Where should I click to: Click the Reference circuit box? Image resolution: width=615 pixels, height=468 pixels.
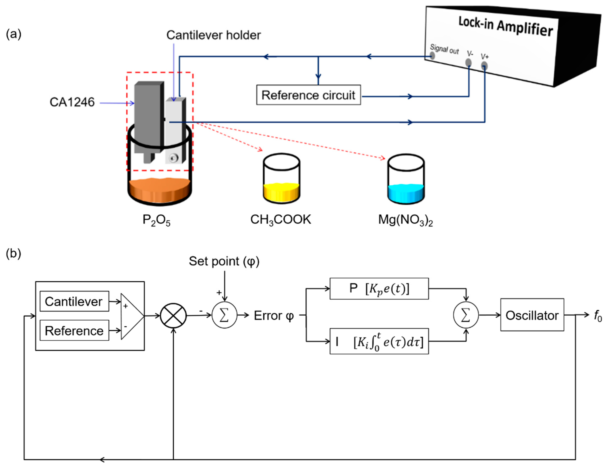[x=308, y=95]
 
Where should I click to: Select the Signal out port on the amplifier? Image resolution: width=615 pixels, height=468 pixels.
[x=432, y=56]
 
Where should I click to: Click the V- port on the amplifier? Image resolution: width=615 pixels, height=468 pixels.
[x=469, y=62]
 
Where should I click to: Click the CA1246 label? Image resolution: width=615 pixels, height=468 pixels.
[x=72, y=102]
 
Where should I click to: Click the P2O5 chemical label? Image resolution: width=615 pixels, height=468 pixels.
[x=156, y=220]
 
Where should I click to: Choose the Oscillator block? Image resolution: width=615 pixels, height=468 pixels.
[x=532, y=315]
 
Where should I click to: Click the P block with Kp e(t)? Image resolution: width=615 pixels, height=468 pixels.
[x=379, y=289]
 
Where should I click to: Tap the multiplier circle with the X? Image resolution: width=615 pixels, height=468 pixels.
[x=173, y=316]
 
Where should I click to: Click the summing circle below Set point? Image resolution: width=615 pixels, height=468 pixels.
[x=224, y=315]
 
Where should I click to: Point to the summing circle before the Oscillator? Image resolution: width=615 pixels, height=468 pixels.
[x=466, y=315]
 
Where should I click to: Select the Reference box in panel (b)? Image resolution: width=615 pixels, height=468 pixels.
[x=74, y=330]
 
